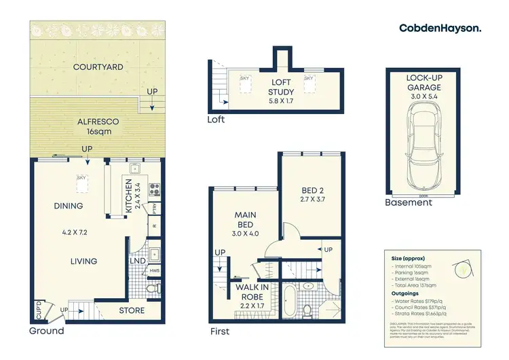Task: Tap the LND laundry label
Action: click(136, 259)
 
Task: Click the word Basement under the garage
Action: click(408, 202)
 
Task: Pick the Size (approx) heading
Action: click(407, 259)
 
